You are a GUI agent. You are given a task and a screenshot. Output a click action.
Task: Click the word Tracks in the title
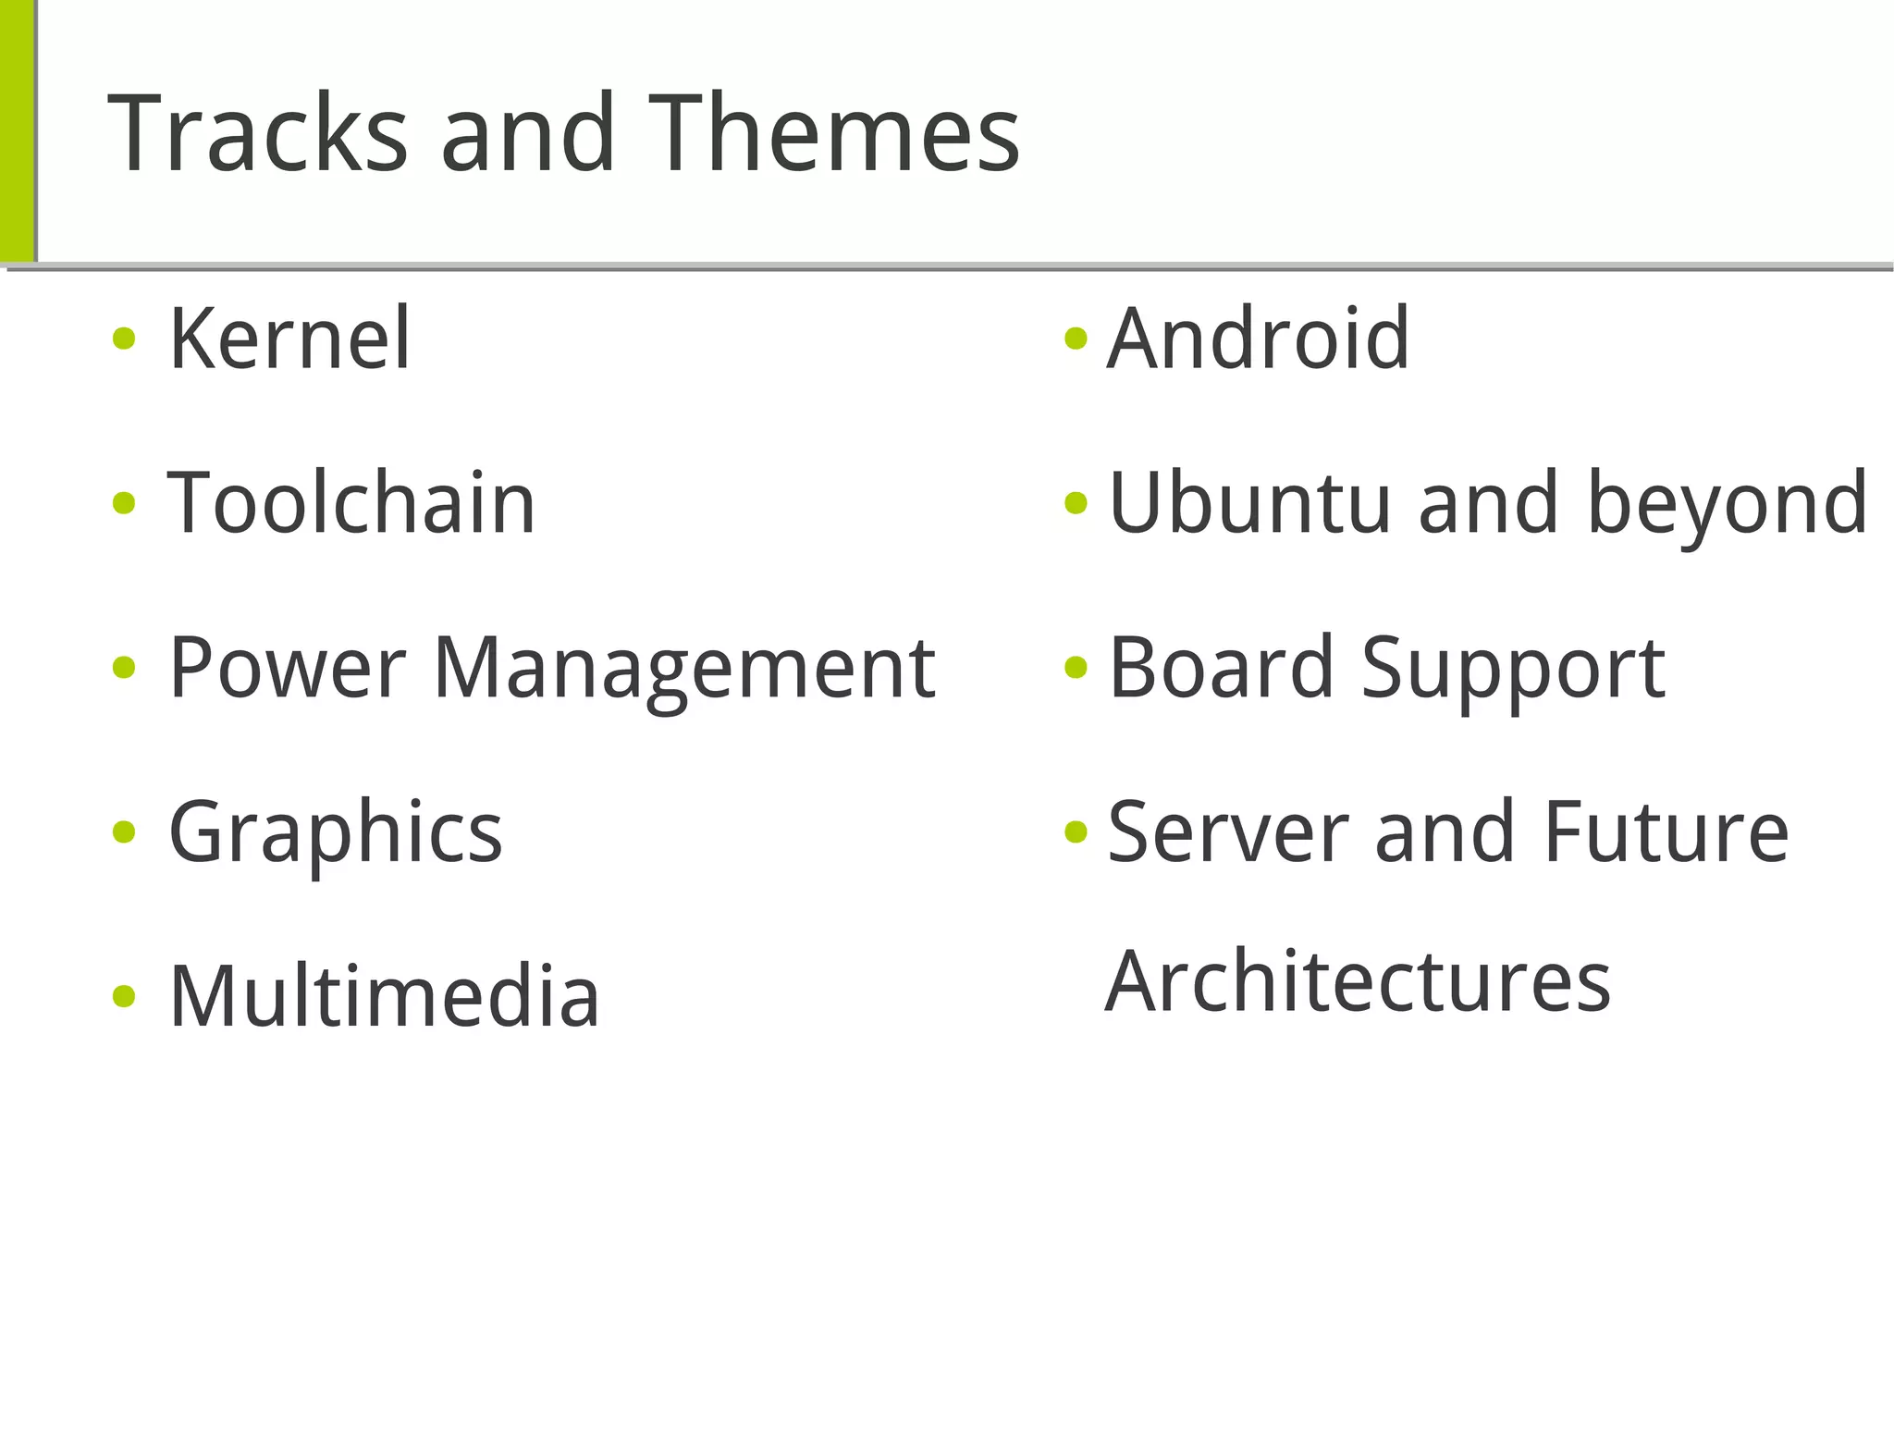(257, 133)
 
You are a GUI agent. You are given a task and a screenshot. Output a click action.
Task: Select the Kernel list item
(289, 339)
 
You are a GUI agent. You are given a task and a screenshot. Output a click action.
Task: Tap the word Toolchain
(351, 503)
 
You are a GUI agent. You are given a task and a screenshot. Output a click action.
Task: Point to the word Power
(287, 668)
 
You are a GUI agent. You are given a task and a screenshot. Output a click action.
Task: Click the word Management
(684, 668)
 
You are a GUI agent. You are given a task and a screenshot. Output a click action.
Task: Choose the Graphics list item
(336, 832)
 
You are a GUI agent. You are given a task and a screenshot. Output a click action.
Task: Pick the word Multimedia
(384, 996)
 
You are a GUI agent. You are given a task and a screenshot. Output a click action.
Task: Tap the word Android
(1258, 339)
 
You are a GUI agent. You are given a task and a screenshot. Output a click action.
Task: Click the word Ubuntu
(1249, 503)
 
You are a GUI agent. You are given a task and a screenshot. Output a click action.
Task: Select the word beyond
(1727, 505)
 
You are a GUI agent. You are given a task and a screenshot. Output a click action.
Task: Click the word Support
(1513, 668)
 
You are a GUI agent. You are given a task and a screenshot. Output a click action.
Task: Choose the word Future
(1665, 832)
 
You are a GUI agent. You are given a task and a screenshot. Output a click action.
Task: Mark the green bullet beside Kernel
(124, 339)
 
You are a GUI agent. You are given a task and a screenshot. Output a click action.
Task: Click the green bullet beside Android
(1076, 339)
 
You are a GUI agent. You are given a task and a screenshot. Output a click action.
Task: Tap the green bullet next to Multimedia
(124, 996)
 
